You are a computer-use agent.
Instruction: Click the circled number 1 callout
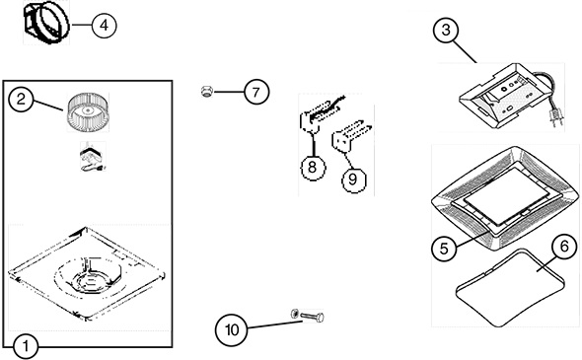pyautogui.click(x=26, y=346)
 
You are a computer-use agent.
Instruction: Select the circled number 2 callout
pyautogui.click(x=21, y=99)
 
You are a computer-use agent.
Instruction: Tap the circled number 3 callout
pyautogui.click(x=446, y=30)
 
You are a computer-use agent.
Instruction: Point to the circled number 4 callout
pyautogui.click(x=104, y=26)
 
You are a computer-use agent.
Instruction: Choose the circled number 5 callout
pyautogui.click(x=444, y=249)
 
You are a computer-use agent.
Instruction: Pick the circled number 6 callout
pyautogui.click(x=564, y=247)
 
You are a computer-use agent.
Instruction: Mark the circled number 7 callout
pyautogui.click(x=256, y=92)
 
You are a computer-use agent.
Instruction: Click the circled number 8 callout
pyautogui.click(x=313, y=168)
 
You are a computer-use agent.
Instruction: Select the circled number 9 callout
pyautogui.click(x=353, y=180)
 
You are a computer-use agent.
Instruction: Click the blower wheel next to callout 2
pyautogui.click(x=88, y=111)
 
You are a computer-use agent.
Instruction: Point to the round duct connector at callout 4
pyautogui.click(x=46, y=22)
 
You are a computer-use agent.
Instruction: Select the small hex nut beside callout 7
pyautogui.click(x=205, y=92)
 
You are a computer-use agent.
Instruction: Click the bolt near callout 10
pyautogui.click(x=312, y=317)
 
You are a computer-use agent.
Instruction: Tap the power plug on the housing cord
pyautogui.click(x=555, y=117)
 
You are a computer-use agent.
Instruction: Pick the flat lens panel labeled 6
pyautogui.click(x=510, y=288)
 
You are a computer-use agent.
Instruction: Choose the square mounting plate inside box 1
pyautogui.click(x=87, y=273)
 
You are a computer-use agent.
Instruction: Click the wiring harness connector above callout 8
pyautogui.click(x=319, y=114)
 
